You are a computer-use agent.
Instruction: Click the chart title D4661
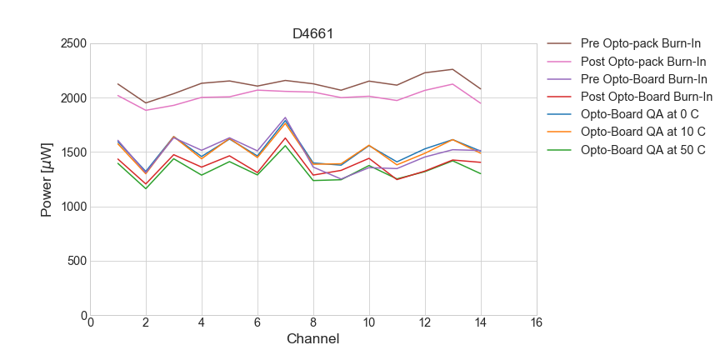click(313, 34)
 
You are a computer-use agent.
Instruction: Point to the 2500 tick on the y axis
click(74, 43)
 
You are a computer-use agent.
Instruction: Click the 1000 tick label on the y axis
click(74, 207)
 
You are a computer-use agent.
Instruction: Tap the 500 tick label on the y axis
click(77, 261)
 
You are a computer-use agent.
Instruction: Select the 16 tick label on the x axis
click(536, 323)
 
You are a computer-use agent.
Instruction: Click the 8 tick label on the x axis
click(313, 323)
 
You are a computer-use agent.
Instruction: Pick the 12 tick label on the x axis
click(424, 323)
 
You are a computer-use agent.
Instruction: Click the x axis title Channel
click(313, 339)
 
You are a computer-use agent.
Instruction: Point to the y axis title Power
click(47, 179)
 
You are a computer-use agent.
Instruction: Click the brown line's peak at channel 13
click(452, 69)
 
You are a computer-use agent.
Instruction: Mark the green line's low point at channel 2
click(146, 188)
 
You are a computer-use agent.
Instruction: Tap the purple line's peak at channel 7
click(285, 117)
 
